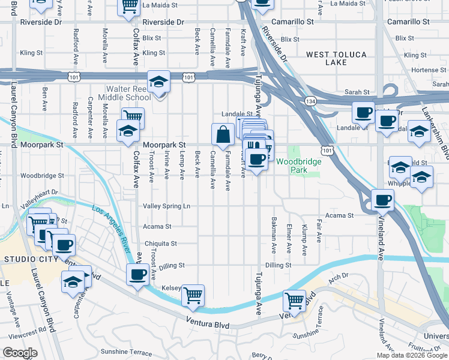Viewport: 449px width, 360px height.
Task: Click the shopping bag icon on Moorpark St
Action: click(x=223, y=135)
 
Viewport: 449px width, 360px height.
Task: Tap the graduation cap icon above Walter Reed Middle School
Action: click(x=158, y=82)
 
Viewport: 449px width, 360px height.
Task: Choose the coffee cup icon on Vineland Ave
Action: click(x=382, y=201)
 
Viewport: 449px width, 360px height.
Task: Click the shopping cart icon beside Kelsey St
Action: click(x=193, y=295)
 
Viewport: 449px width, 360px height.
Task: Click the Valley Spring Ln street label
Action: click(x=166, y=206)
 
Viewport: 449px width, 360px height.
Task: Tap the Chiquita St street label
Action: click(x=161, y=244)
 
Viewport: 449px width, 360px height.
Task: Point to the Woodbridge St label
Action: click(x=42, y=176)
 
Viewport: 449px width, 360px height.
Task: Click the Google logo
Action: click(x=20, y=353)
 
